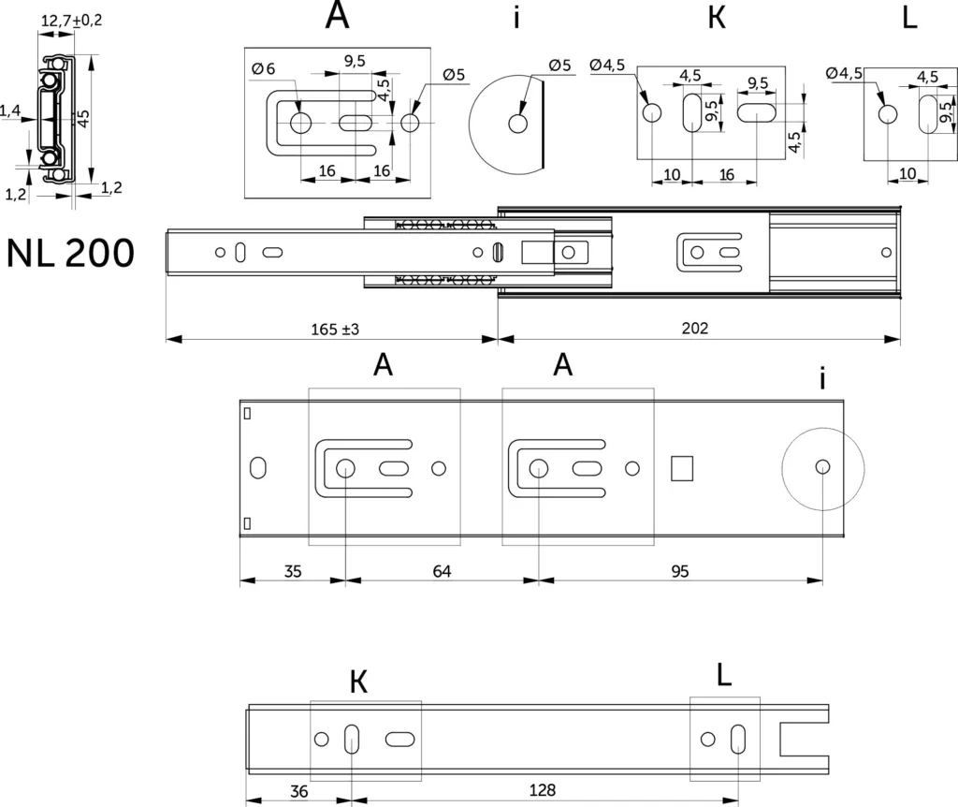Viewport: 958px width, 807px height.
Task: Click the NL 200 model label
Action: point(70,253)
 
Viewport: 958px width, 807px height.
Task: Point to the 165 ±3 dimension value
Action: point(335,330)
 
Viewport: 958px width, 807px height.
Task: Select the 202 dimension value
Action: point(695,329)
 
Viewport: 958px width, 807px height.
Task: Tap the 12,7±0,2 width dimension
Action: point(71,21)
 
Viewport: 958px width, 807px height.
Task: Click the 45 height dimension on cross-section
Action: point(83,117)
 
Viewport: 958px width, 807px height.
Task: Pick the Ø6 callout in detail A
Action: point(263,68)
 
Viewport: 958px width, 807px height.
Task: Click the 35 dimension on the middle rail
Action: point(293,571)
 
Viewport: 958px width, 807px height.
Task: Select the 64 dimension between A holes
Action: point(442,571)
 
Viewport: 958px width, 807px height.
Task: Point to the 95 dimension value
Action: point(680,571)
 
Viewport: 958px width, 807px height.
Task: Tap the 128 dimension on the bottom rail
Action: point(543,790)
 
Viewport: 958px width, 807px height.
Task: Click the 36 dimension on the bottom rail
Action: point(298,791)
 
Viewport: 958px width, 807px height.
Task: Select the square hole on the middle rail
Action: point(682,468)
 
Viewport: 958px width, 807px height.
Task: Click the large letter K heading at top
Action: point(717,18)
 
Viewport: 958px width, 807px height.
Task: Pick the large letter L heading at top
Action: point(909,18)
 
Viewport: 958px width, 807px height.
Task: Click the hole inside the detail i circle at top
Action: point(518,124)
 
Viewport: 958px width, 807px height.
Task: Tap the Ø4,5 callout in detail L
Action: point(844,73)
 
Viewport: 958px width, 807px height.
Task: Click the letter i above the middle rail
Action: point(822,379)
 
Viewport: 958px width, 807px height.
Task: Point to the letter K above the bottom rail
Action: point(359,682)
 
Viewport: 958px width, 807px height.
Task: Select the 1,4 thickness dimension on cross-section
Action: point(9,110)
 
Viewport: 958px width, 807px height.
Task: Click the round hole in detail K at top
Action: point(652,113)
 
